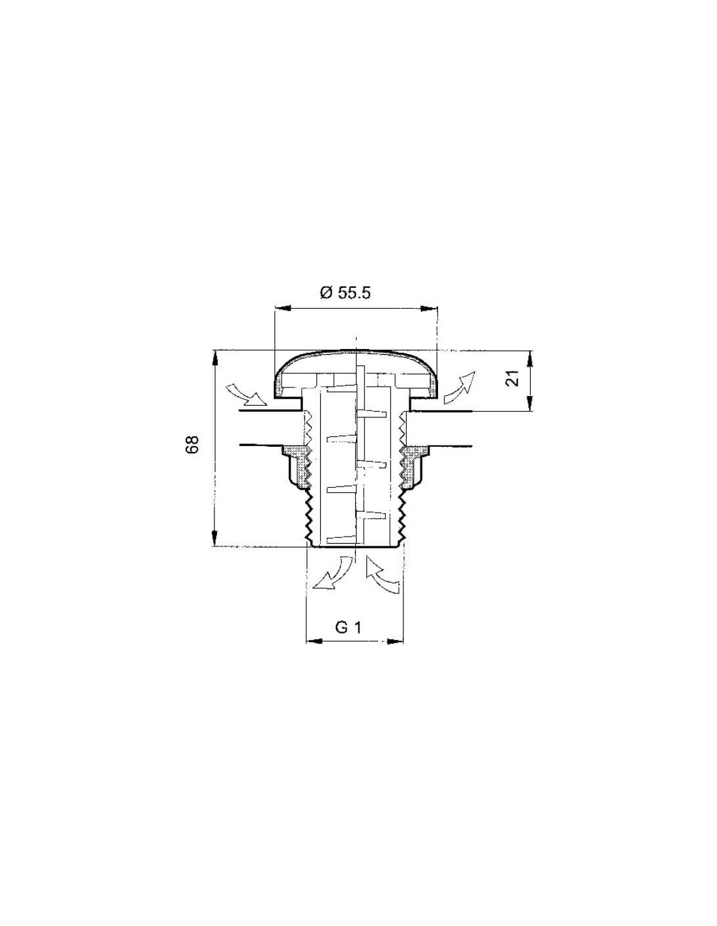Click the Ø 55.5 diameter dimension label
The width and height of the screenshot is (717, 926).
click(345, 293)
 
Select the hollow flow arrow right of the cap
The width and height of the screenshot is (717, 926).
click(459, 387)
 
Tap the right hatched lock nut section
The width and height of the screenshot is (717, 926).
click(412, 466)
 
